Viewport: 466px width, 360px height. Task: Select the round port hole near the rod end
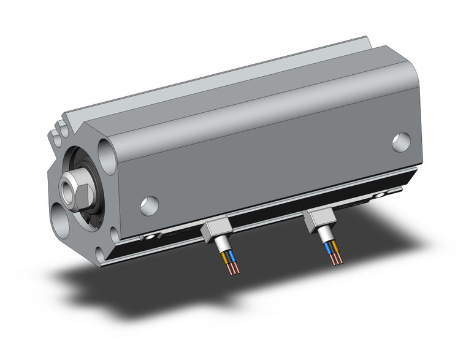click(149, 205)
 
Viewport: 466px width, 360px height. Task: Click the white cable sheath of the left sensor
click(220, 245)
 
